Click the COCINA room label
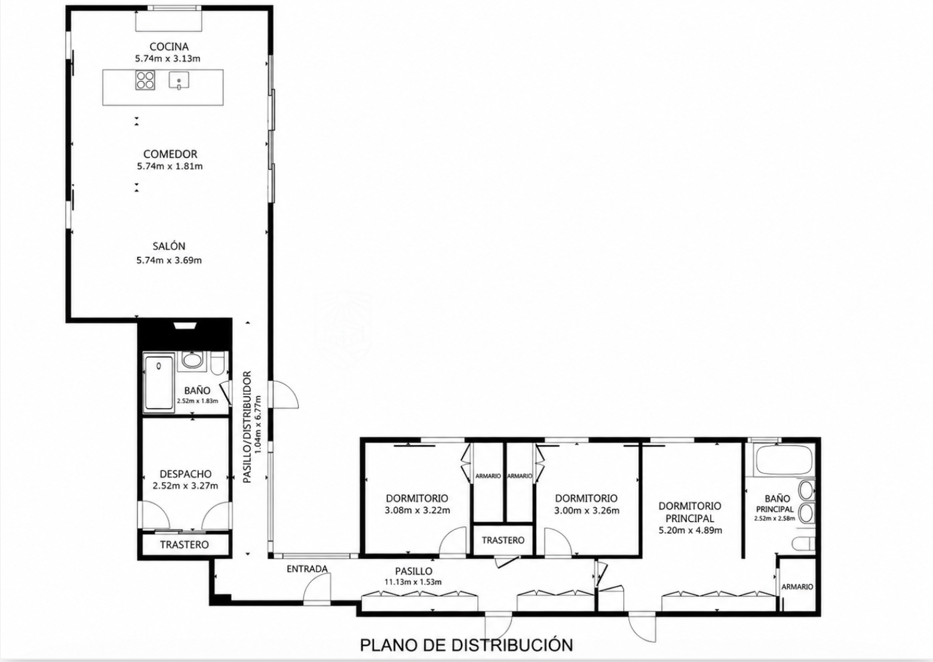[x=169, y=47]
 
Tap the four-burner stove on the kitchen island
[x=145, y=80]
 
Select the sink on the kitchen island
[x=179, y=81]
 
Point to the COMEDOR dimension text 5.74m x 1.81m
[x=170, y=166]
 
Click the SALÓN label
[x=169, y=246]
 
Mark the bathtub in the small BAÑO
[x=159, y=382]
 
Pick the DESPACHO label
[x=186, y=474]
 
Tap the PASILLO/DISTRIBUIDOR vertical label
[x=247, y=427]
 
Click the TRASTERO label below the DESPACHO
[x=185, y=544]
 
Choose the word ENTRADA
[x=308, y=569]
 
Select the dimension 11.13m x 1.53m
[x=413, y=582]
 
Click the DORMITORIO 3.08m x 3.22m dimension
[x=418, y=510]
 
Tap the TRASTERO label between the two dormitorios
[x=503, y=540]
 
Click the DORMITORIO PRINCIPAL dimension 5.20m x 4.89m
[x=690, y=531]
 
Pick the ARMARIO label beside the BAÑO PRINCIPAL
[x=797, y=587]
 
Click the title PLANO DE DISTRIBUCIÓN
[x=466, y=645]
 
